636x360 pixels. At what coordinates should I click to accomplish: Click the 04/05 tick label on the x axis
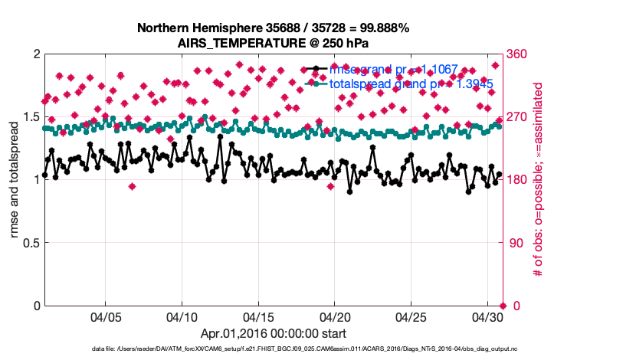click(106, 316)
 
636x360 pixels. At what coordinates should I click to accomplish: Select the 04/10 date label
click(182, 316)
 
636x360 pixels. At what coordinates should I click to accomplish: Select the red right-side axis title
click(538, 180)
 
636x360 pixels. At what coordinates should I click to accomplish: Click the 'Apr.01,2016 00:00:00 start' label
click(273, 333)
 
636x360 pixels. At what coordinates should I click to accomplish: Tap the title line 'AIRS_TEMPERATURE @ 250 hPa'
click(274, 43)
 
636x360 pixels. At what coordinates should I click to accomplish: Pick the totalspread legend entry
click(405, 83)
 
